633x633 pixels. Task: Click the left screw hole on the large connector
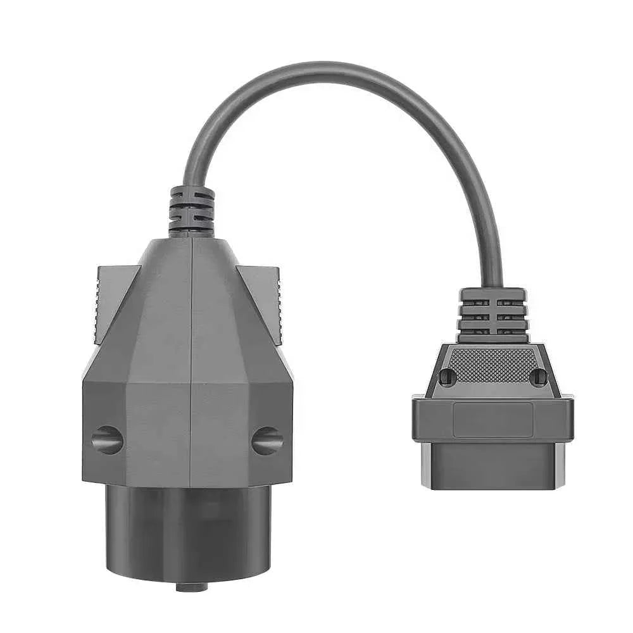coord(107,439)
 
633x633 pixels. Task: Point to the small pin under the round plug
coord(191,587)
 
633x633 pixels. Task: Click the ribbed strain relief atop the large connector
coord(191,211)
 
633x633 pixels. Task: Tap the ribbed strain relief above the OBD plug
coord(493,315)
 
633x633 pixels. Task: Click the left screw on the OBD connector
coord(448,377)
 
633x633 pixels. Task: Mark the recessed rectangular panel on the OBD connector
coord(493,419)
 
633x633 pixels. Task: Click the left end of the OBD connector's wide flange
coord(418,419)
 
